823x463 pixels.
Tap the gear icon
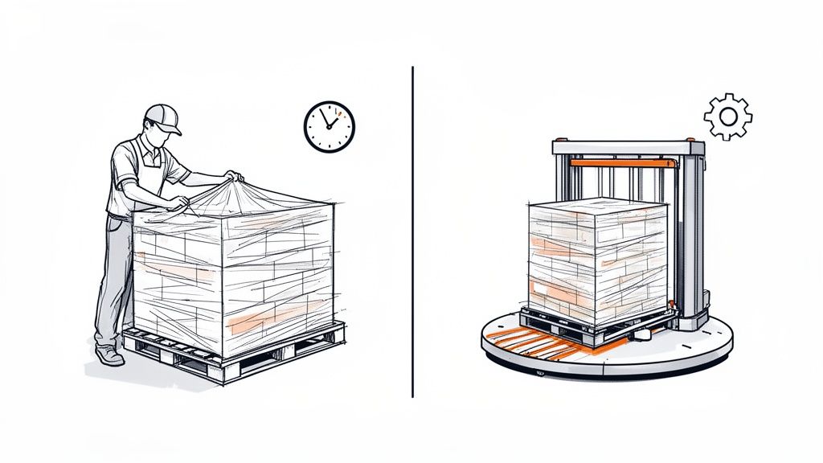coord(727,117)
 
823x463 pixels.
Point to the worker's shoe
coord(109,355)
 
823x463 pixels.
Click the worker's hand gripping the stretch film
coord(233,175)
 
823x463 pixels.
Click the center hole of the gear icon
coord(727,117)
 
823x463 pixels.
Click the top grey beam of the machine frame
coord(627,148)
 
